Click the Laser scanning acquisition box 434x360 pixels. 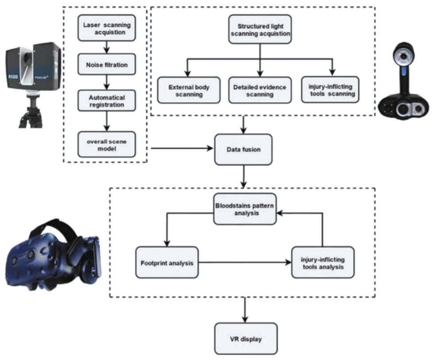tap(106, 28)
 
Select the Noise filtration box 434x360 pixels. tap(106, 65)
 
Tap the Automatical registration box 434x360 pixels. tap(106, 101)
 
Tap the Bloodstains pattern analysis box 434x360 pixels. tap(245, 209)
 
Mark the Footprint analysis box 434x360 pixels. tap(166, 262)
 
